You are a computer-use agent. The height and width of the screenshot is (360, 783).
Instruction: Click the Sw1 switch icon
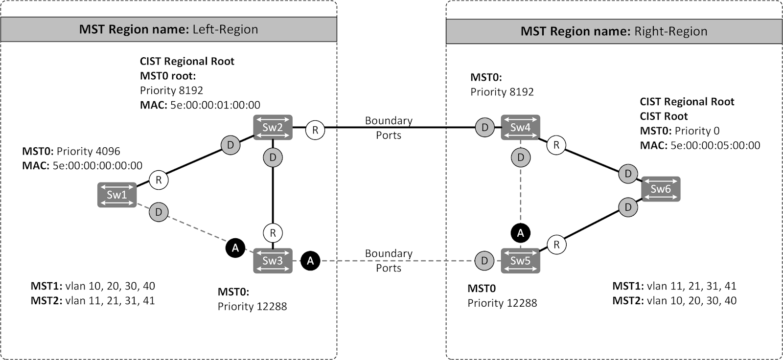116,195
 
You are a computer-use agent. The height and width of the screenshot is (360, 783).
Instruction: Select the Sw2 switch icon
273,127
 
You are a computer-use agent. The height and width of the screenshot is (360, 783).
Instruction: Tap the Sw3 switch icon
273,261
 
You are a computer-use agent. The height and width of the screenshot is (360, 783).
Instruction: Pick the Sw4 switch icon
520,127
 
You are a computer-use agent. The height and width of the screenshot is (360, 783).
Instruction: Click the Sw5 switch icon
520,261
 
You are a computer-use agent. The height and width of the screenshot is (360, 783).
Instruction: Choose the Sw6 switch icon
660,189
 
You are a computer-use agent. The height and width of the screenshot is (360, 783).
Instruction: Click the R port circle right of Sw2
315,130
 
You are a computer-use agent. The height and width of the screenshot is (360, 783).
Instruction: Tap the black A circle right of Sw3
310,261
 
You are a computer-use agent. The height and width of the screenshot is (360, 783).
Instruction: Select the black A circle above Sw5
520,233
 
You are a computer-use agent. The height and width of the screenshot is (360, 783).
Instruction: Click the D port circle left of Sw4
484,128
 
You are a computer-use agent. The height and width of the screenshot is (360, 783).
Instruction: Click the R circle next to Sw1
158,180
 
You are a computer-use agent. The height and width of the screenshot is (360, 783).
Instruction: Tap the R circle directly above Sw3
273,233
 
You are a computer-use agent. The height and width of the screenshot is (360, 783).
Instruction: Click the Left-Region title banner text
168,29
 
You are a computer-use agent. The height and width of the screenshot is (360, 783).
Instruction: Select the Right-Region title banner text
614,31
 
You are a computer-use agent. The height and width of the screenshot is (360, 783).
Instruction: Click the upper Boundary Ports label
389,128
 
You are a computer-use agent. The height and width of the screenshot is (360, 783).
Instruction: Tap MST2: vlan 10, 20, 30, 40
674,301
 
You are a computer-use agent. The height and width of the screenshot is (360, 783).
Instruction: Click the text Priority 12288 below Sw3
252,307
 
